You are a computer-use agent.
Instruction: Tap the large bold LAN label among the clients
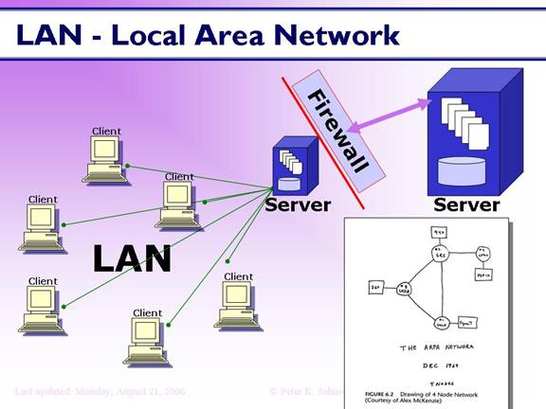point(132,258)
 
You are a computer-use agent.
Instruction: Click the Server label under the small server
point(298,204)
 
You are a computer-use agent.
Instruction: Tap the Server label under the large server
point(466,204)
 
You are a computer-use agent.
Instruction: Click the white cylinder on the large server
point(463,170)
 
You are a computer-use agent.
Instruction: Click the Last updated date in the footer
point(100,390)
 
